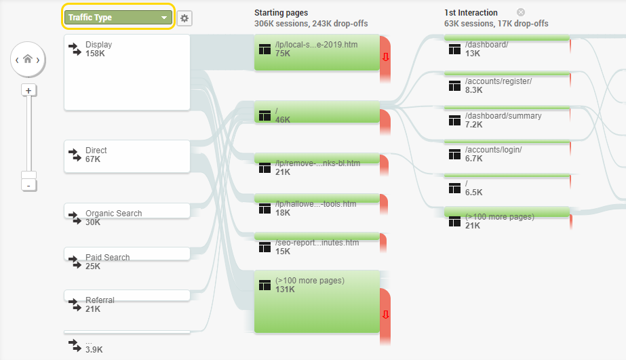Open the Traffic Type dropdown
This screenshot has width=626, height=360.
point(118,18)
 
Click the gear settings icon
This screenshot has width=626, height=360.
point(184,18)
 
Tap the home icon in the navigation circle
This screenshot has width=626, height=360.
point(28,59)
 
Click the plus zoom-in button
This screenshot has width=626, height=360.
point(28,91)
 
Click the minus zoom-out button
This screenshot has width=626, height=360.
point(28,186)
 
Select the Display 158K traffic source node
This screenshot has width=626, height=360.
point(127,73)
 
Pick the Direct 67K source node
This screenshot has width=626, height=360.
point(127,157)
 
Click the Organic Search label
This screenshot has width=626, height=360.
point(114,214)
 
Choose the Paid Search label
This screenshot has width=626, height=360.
point(107,258)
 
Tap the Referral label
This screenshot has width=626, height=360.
point(100,300)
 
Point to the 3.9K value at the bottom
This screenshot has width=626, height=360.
point(94,350)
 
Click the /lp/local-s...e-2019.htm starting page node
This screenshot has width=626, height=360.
point(317,53)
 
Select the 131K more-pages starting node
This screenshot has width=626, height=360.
point(317,302)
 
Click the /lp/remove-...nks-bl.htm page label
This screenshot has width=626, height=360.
point(318,163)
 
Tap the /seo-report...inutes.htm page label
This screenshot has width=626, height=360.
point(317,243)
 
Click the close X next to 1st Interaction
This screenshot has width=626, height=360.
point(521,12)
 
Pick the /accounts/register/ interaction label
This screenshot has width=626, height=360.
point(498,81)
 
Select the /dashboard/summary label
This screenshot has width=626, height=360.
point(503,116)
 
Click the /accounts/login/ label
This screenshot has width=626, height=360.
point(494,150)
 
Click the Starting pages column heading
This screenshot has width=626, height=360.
point(281,13)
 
